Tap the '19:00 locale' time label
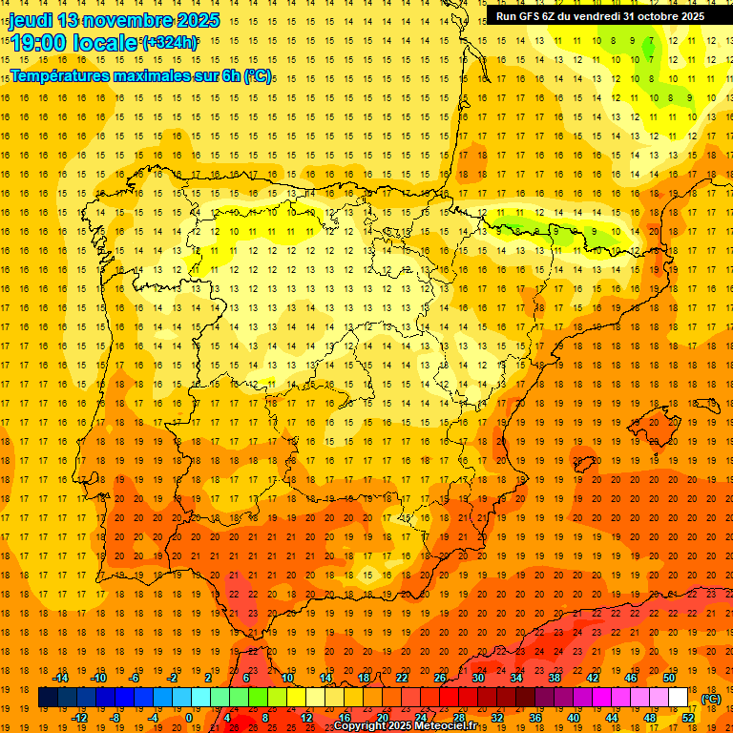point(74,42)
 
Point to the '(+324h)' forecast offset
point(170,42)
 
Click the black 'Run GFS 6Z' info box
point(599,16)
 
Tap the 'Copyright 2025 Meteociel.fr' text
point(406,726)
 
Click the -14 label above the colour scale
point(62,678)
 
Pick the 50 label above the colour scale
point(669,678)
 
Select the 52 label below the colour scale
point(688,718)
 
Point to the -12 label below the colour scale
point(80,718)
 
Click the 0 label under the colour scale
point(188,718)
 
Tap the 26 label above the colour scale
point(440,678)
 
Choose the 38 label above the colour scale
point(555,678)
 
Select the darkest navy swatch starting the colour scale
point(48,698)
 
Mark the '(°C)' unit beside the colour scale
point(711,699)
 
